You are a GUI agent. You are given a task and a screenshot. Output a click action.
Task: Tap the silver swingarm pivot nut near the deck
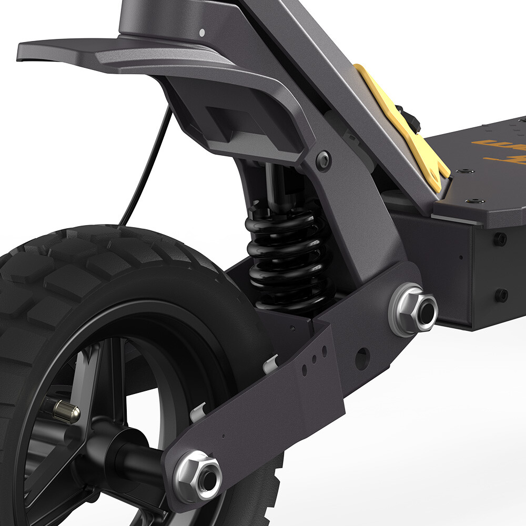coord(413,310)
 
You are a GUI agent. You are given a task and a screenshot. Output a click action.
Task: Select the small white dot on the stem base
coord(202,33)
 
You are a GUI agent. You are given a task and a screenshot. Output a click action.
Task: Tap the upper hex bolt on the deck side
coord(500,239)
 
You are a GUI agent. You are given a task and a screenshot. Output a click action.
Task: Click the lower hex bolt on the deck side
coord(501,295)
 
